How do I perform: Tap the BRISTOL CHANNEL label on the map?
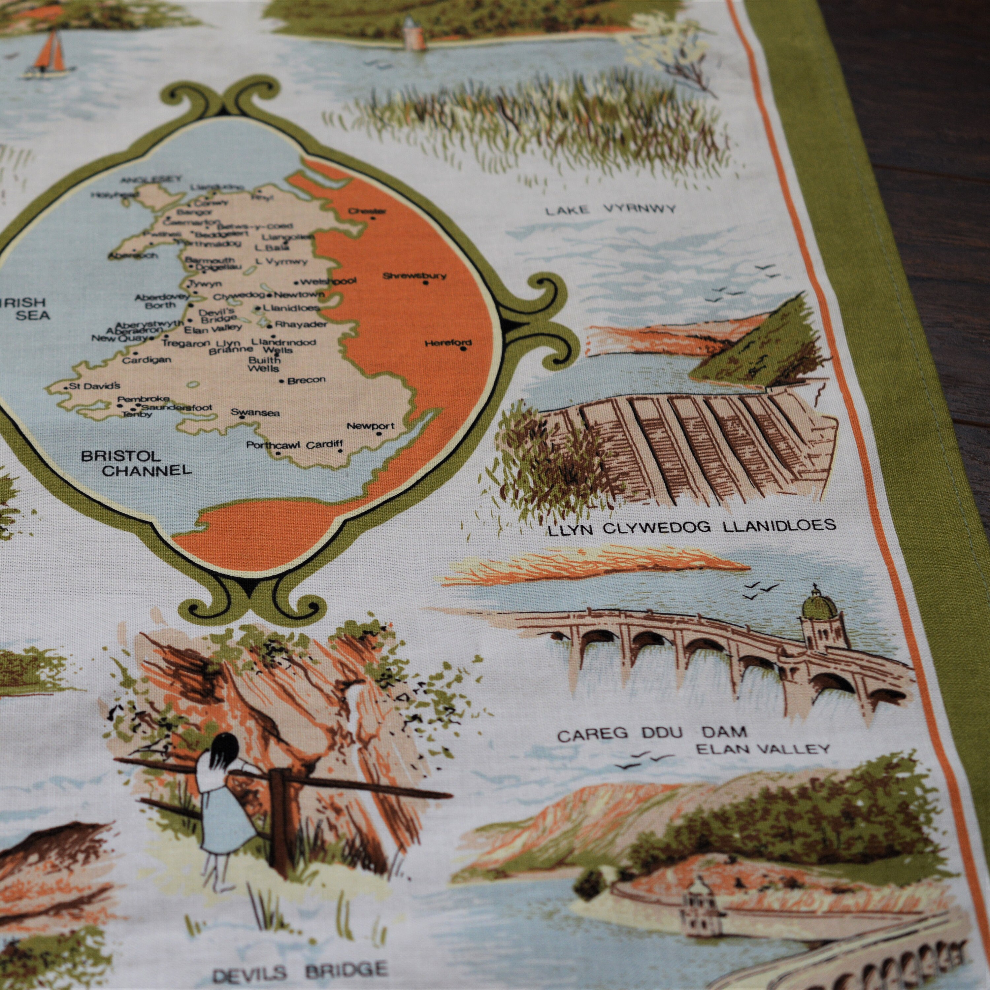137,463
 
